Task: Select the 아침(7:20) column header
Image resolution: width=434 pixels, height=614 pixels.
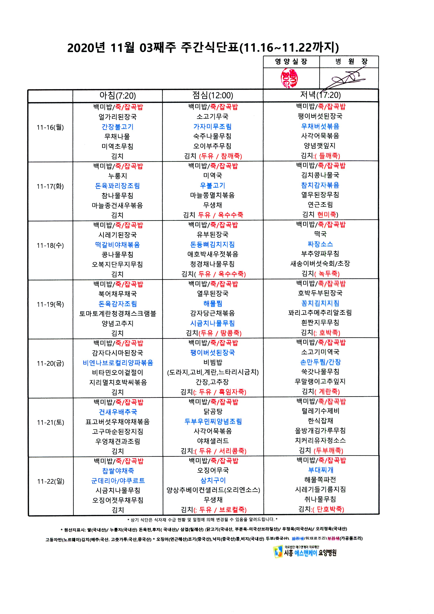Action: tap(117, 96)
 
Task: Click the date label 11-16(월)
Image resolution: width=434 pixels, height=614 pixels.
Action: tap(50, 127)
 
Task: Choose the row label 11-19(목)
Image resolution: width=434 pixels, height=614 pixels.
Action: tap(50, 304)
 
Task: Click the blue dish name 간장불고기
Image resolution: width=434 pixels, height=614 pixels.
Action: tap(117, 127)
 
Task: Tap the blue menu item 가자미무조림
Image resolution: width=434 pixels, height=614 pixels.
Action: tap(213, 127)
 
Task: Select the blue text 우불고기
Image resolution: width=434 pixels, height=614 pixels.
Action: tap(213, 185)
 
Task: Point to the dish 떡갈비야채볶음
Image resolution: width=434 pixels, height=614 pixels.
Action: tap(117, 245)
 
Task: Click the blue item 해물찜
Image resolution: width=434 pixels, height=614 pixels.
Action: tap(213, 304)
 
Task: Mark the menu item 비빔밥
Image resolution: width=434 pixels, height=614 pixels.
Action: tap(213, 362)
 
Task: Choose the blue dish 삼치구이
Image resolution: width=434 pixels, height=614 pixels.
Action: tap(213, 480)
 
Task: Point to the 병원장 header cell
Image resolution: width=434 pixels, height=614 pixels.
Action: tap(349, 62)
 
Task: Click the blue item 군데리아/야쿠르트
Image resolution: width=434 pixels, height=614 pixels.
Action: tap(118, 480)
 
